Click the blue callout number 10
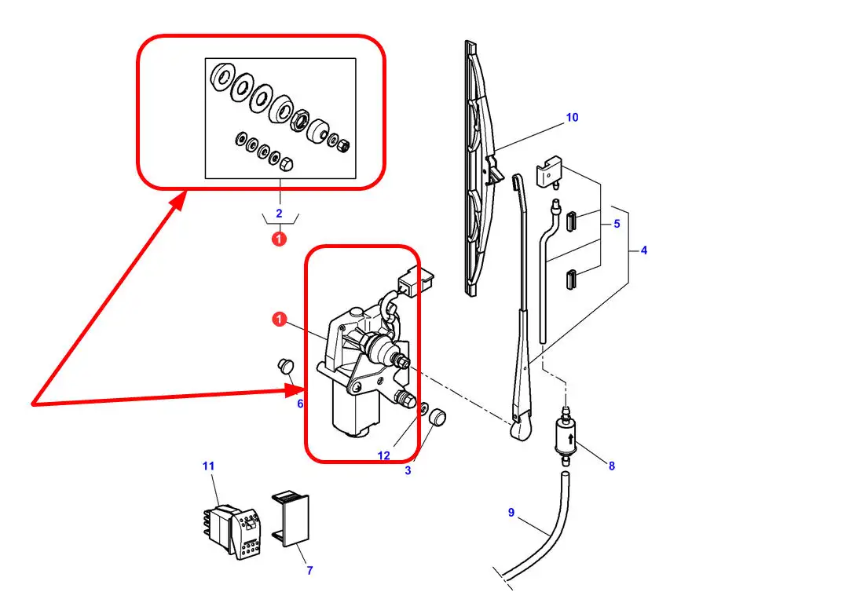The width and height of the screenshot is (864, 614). coord(572,117)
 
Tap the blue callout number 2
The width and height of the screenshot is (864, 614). coord(279,213)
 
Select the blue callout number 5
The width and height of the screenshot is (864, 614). coord(617,224)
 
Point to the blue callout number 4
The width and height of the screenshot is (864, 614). coord(643,250)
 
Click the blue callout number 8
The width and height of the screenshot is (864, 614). coord(612,466)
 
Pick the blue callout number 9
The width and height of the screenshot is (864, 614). coord(511,513)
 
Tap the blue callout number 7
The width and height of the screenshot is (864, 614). coord(309,571)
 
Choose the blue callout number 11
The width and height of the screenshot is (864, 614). coord(208,466)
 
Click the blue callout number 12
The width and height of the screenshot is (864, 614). coord(383,455)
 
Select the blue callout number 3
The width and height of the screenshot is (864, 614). coord(408,470)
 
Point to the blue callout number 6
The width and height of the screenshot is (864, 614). coord(300,404)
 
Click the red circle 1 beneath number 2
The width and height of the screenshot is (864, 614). coord(280,239)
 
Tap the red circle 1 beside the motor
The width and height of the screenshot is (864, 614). coord(280,320)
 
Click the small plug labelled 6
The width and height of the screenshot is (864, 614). coord(285,366)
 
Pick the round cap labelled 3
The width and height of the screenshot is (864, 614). coord(437,417)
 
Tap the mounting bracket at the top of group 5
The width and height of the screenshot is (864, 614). coord(549,172)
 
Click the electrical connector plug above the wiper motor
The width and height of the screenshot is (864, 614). coord(415,281)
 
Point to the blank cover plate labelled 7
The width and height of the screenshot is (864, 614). coord(291,520)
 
